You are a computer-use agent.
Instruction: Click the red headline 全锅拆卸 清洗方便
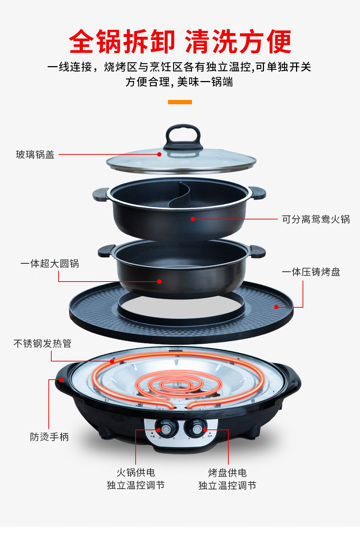180,42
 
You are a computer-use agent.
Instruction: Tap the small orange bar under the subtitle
180,102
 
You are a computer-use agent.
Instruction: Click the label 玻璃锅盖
35,155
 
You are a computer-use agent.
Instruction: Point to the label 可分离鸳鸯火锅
316,219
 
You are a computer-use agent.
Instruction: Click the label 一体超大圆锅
50,264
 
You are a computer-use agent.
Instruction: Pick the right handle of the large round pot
257,251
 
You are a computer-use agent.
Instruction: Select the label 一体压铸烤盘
311,272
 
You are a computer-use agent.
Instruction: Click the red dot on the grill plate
276,307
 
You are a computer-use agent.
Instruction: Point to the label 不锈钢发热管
43,344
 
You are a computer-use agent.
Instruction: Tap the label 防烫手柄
49,437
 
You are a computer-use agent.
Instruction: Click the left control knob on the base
165,429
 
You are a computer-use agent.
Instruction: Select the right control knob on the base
196,429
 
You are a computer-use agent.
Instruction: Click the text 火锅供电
136,473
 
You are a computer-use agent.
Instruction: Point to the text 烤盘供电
227,473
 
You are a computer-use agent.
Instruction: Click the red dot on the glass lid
159,154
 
